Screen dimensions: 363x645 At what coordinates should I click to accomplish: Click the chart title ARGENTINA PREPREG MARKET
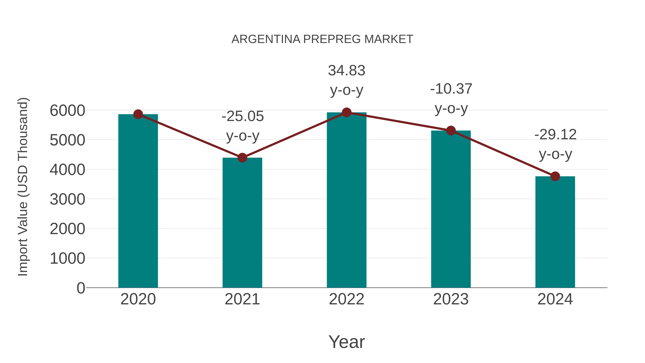(x=322, y=39)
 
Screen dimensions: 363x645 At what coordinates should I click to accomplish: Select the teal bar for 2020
(x=138, y=200)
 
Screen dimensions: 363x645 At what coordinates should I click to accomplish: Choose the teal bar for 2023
(x=451, y=209)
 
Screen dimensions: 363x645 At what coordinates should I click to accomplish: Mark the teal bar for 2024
(x=555, y=232)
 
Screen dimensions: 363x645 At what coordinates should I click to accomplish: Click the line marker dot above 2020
(x=138, y=114)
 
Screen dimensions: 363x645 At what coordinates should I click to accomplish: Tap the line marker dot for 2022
(x=347, y=112)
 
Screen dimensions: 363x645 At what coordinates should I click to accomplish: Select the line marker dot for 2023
(x=451, y=131)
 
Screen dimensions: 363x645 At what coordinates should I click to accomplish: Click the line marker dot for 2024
(x=555, y=176)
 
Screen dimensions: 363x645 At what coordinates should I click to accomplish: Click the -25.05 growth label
(x=243, y=117)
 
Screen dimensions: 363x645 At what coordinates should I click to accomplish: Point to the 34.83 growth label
(x=347, y=71)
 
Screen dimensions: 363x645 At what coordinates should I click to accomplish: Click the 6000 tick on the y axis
(x=67, y=111)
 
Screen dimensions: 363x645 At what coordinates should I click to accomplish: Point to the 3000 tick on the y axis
(x=67, y=199)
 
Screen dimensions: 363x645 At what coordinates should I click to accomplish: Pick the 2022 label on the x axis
(x=347, y=299)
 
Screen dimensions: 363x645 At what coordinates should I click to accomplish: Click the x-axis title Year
(x=347, y=342)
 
